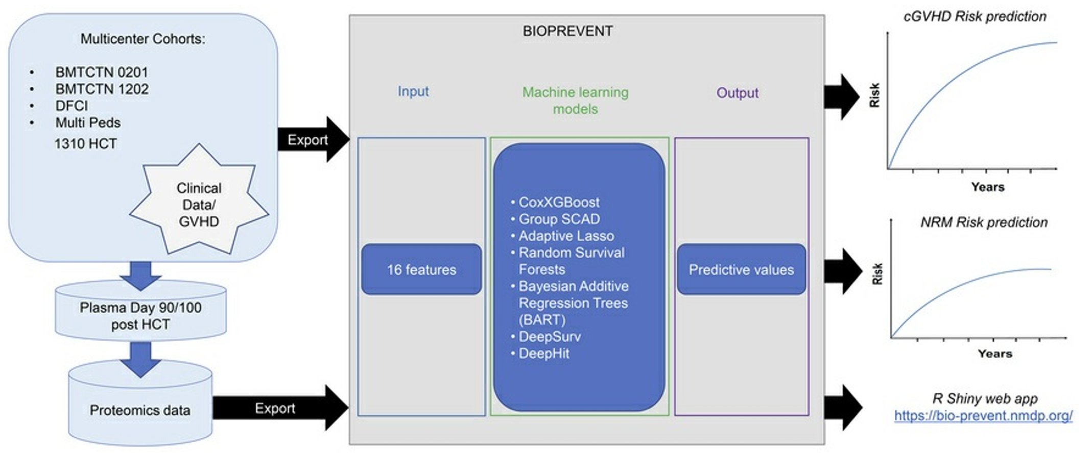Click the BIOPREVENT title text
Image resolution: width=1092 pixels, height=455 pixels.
[567, 31]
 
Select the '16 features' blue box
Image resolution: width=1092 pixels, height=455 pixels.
[421, 269]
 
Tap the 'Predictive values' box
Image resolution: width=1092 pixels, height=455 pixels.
[741, 269]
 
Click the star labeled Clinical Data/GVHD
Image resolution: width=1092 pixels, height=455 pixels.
[199, 205]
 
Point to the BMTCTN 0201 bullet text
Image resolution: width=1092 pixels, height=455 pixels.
[102, 72]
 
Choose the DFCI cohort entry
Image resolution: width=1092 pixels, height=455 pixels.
[72, 106]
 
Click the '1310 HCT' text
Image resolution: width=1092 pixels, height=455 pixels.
[85, 144]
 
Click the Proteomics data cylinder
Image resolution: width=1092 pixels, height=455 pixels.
[140, 410]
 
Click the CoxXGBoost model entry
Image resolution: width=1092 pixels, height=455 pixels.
[559, 202]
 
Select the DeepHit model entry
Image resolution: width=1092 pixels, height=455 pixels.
[543, 353]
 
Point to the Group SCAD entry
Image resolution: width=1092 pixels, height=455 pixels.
[559, 219]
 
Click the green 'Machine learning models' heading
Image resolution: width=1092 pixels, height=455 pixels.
[575, 100]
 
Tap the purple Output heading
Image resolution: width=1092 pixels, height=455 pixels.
[737, 93]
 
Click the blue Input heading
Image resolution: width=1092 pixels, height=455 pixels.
[413, 91]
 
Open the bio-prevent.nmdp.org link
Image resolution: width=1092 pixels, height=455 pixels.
[983, 416]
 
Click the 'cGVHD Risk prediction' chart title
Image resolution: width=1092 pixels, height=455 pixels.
[975, 16]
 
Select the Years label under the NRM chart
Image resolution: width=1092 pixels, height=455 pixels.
[994, 353]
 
